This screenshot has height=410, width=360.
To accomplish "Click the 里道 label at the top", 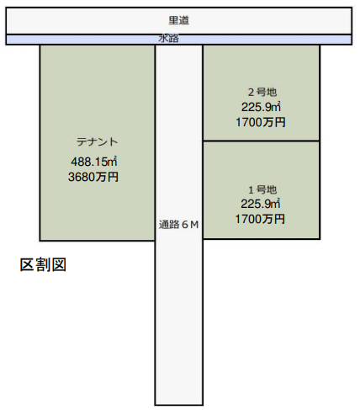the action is click(179, 20).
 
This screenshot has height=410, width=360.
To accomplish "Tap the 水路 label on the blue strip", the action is click(169, 39).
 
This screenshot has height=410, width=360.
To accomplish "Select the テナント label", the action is click(97, 141).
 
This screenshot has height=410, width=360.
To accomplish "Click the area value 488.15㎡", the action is click(94, 162).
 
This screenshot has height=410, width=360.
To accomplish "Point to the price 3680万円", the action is click(93, 177).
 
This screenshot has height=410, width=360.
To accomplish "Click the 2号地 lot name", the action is click(262, 92).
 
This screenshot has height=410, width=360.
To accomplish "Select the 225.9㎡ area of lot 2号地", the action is click(261, 107).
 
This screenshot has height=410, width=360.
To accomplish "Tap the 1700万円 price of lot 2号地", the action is click(261, 122).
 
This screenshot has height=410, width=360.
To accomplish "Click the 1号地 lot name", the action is click(262, 190).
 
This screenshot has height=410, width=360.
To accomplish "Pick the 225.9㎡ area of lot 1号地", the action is click(261, 204).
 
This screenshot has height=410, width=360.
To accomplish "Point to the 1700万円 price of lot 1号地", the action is click(260, 219).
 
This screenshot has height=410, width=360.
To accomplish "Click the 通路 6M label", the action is click(179, 225).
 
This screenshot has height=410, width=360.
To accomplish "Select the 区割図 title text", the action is click(43, 264).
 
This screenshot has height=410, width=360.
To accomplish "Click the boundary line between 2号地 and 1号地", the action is click(262, 141).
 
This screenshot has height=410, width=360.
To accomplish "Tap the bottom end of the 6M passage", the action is click(179, 404).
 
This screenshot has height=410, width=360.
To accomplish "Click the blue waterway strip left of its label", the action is click(82, 40).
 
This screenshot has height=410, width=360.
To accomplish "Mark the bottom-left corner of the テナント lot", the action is click(40, 240).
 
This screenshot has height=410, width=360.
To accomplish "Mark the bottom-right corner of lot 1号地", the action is click(320, 239).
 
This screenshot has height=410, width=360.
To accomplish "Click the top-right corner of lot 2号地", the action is click(320, 45).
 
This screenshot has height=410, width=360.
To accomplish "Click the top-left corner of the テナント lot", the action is click(40, 45).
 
